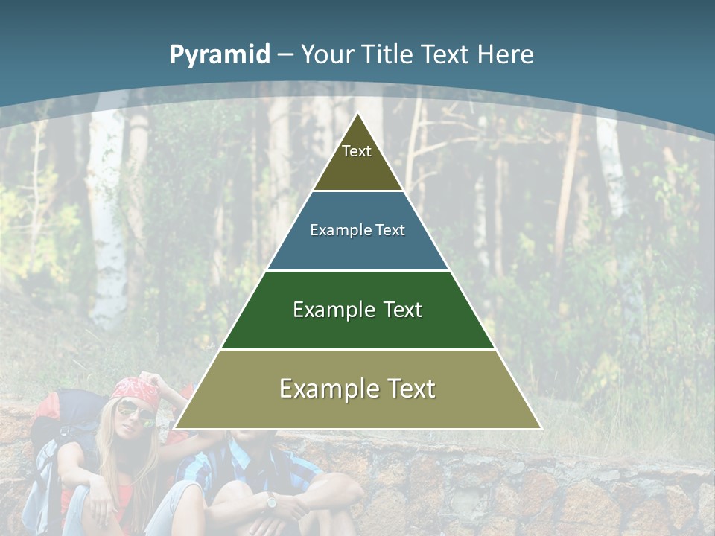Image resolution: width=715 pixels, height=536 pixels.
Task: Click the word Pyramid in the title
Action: tap(219, 55)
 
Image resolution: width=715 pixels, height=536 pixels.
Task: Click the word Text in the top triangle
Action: tap(357, 151)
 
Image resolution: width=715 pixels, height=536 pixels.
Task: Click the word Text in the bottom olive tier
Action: tap(409, 389)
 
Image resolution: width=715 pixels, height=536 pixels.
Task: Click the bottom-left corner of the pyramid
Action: tap(175, 428)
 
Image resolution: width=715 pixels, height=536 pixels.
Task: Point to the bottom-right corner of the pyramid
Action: tap(541, 428)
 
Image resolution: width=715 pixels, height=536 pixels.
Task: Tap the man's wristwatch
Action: tap(270, 501)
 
